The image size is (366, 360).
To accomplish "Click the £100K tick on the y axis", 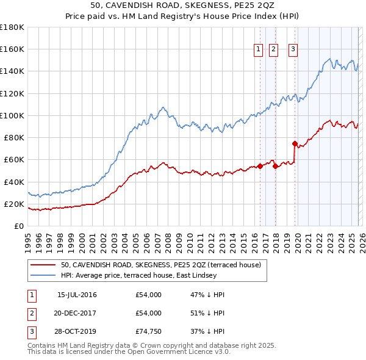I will click(12, 115).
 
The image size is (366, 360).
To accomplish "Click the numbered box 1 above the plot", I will click(258, 50).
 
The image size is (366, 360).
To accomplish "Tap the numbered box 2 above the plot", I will click(273, 50).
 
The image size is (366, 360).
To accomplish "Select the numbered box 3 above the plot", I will click(293, 50).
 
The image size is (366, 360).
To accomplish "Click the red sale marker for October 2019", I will click(295, 144).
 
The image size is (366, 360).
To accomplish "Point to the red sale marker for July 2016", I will click(260, 165).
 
